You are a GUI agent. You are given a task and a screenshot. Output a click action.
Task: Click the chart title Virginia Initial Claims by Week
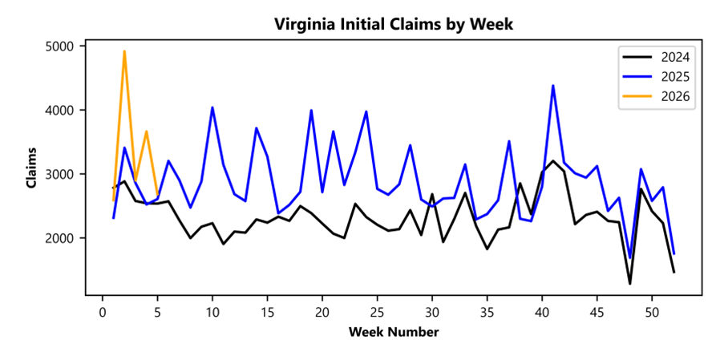click(x=393, y=24)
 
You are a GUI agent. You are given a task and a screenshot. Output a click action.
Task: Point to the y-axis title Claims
click(x=31, y=168)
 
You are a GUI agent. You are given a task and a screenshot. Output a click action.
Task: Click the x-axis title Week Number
click(x=393, y=332)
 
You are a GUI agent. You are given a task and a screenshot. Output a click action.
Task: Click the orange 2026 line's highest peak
click(x=124, y=51)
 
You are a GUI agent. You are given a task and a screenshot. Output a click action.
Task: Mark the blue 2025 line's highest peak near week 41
click(x=553, y=86)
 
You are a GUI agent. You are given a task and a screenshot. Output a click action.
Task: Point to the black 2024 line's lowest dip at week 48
click(x=630, y=284)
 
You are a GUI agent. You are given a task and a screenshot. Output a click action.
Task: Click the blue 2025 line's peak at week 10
click(x=212, y=107)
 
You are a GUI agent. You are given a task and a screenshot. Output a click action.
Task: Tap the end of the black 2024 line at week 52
click(x=674, y=273)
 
